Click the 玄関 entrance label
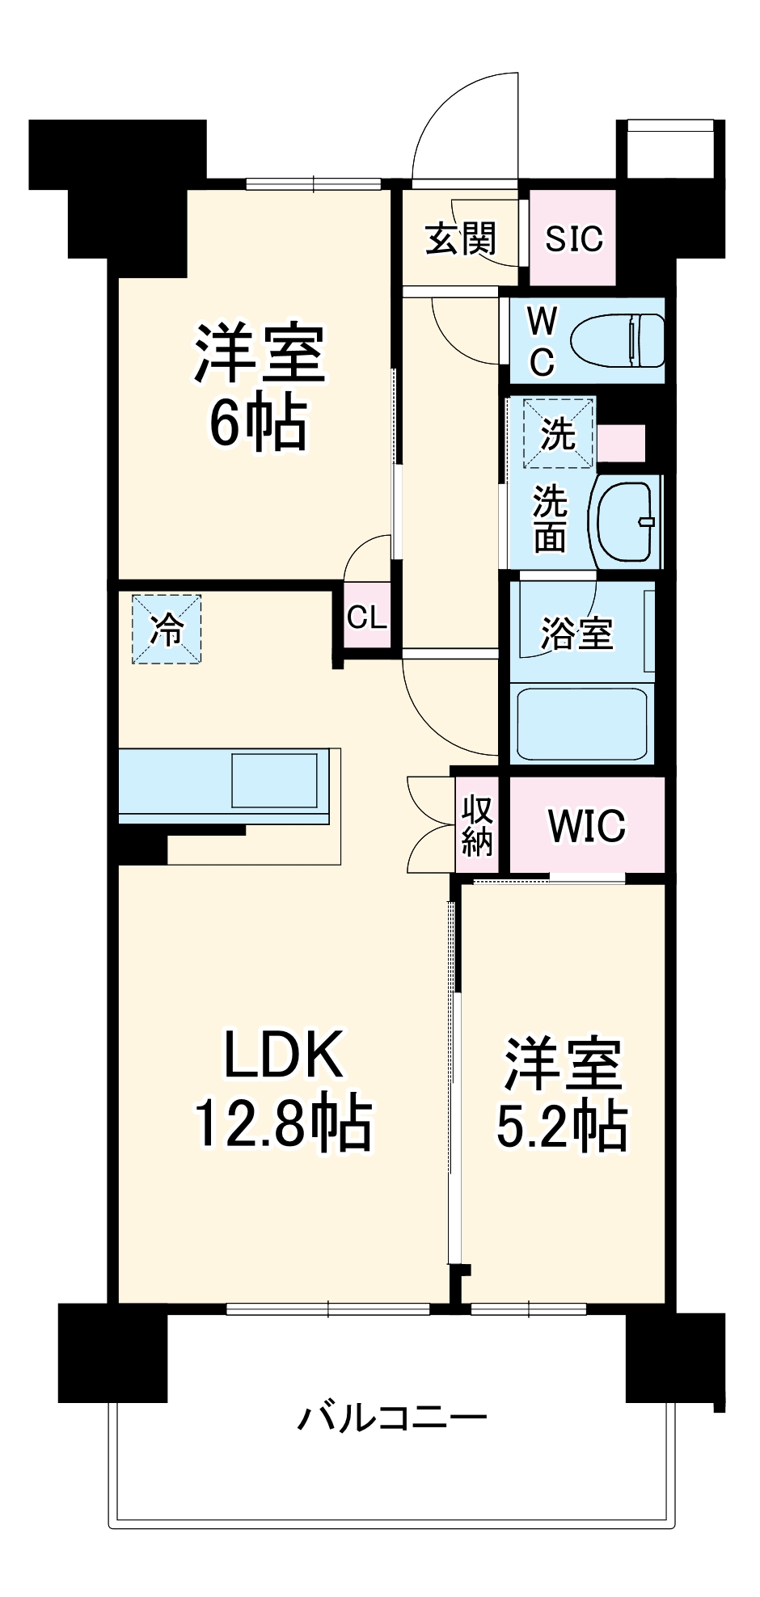(460, 238)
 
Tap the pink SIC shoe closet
(573, 238)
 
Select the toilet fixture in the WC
(619, 340)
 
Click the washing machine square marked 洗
(558, 434)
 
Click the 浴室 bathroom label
(576, 633)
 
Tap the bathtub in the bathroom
(581, 723)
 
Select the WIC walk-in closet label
(586, 825)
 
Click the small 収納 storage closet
(477, 825)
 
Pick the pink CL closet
(366, 617)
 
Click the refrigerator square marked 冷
(167, 630)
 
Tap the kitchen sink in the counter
(275, 781)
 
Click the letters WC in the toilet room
(542, 342)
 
